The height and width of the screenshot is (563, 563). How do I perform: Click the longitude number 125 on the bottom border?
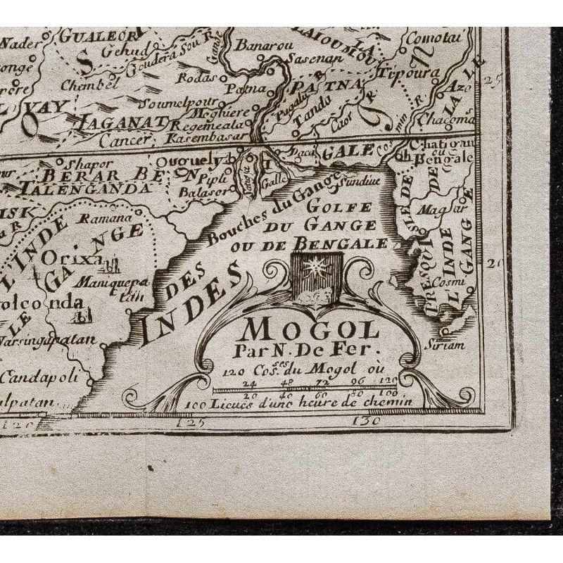tap(191, 423)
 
